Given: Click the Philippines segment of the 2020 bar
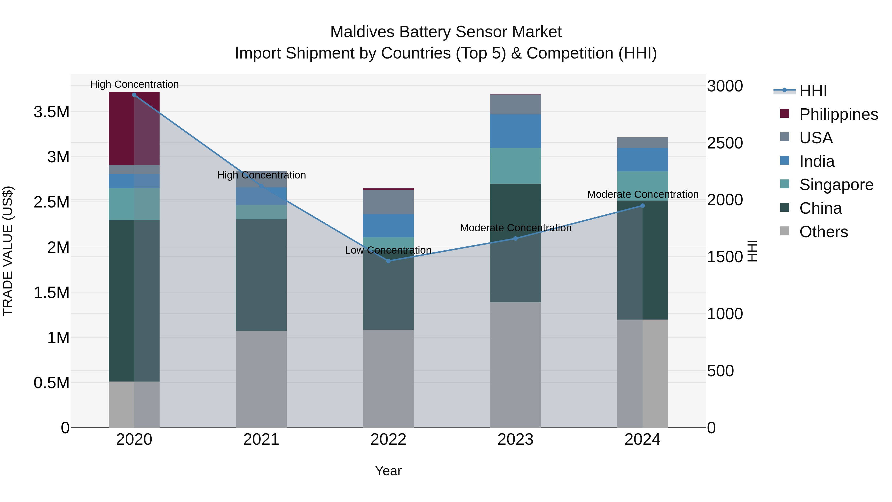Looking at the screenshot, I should (134, 128).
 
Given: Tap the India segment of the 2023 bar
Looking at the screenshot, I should (515, 131).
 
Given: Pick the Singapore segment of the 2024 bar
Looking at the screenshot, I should (642, 186).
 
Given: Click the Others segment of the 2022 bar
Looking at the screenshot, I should (388, 378).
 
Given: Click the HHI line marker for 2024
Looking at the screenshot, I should (642, 206).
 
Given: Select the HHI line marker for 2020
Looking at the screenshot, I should (134, 95).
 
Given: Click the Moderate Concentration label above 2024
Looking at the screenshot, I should (643, 194).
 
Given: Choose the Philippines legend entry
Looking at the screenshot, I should (838, 114).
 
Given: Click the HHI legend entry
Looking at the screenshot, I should (813, 91).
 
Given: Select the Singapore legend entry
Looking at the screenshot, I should (836, 185).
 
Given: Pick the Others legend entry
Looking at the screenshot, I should (823, 232).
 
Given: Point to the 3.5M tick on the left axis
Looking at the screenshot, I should (51, 112).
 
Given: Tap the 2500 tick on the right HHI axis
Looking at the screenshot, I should (725, 143).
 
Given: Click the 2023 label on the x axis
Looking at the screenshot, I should (515, 440).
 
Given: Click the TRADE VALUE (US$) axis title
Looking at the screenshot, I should (8, 251).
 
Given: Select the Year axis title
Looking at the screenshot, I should (388, 471).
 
